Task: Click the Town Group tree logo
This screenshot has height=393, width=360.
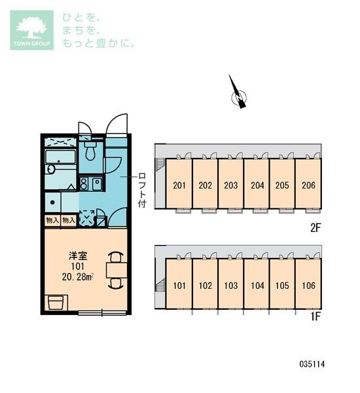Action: point(30,30)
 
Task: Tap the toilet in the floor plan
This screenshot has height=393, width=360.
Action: point(91,153)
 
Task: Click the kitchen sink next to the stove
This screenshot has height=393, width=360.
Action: point(96,183)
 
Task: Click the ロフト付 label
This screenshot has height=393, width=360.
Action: point(142,189)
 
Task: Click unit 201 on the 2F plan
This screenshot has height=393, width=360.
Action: point(179,185)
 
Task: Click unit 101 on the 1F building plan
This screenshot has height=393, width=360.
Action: point(179,286)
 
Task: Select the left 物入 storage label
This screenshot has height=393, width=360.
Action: point(52,221)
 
